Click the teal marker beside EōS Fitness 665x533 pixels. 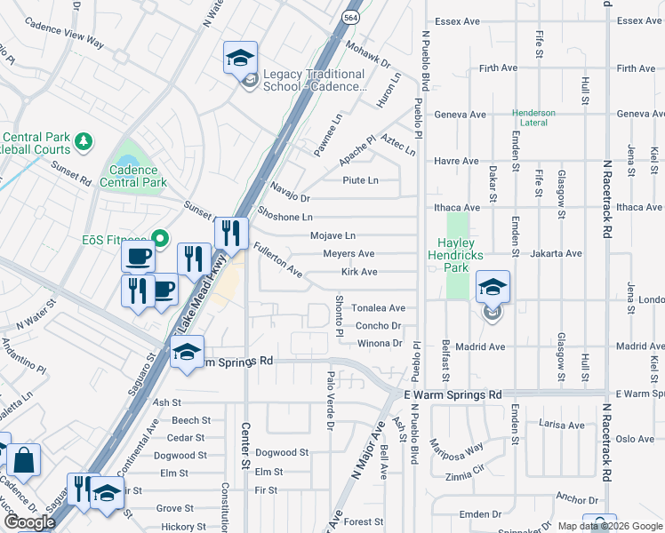160,237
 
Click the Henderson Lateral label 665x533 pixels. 533,118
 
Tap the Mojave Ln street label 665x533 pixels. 332,236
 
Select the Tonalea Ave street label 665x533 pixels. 378,308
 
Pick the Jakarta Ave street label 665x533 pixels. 556,253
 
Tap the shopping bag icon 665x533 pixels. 25,460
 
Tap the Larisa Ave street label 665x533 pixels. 563,426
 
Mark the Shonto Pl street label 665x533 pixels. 339,315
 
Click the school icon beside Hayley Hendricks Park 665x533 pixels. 493,289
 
